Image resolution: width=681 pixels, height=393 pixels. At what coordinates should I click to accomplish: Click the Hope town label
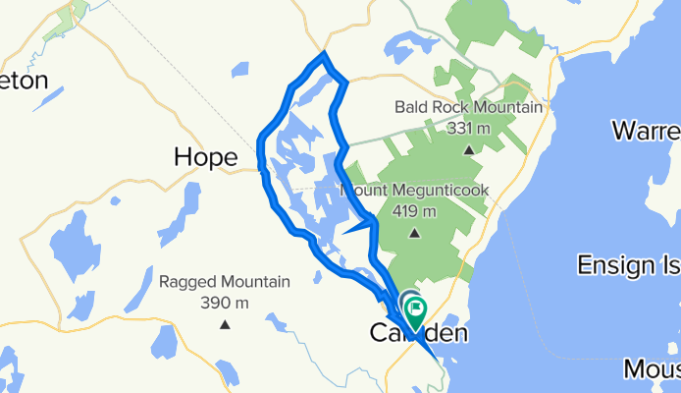click(x=205, y=156)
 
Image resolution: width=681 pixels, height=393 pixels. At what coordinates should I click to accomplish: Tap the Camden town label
click(x=418, y=334)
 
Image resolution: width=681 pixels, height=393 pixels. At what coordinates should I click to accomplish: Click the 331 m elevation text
click(x=468, y=128)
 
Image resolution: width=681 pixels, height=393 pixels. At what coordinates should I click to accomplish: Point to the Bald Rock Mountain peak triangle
click(x=468, y=150)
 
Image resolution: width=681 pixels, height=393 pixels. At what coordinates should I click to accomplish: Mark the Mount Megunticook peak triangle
click(x=413, y=234)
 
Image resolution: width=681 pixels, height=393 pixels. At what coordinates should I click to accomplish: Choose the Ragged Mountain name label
click(x=225, y=282)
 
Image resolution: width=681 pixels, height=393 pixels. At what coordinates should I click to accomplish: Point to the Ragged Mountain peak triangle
click(x=225, y=325)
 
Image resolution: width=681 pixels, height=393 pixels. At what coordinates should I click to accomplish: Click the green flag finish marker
click(x=416, y=313)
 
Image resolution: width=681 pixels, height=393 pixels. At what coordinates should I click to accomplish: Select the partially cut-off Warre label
click(x=645, y=131)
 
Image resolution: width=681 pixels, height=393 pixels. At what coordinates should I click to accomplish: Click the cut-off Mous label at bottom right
click(x=652, y=369)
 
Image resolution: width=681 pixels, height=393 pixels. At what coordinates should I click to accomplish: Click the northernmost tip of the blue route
click(x=324, y=54)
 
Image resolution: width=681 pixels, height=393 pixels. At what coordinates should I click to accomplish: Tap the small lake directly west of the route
click(x=241, y=71)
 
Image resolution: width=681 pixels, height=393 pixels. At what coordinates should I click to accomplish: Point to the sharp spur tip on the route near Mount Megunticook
click(x=344, y=233)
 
